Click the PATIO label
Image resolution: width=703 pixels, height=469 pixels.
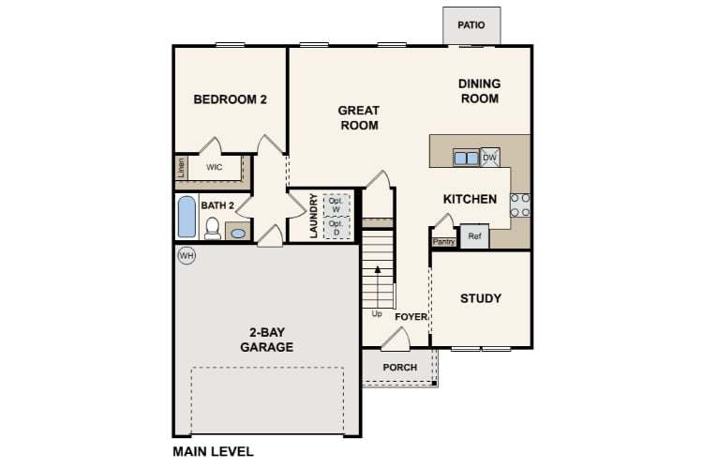(x=471, y=24)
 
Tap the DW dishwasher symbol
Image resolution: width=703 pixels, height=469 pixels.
(x=489, y=158)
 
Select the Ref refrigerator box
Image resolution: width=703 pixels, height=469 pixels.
(x=474, y=236)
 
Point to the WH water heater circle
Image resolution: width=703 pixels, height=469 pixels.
(x=186, y=254)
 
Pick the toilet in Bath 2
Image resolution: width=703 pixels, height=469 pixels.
(x=213, y=228)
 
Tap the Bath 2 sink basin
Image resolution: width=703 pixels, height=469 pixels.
(x=238, y=232)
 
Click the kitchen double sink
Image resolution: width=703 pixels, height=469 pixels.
(x=466, y=158)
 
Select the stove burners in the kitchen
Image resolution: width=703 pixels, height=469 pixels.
(x=519, y=205)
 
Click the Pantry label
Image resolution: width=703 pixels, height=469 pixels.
(x=443, y=241)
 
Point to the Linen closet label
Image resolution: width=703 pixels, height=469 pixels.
(x=181, y=168)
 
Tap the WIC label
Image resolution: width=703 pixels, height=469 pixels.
(x=214, y=167)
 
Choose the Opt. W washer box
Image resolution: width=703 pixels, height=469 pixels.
(x=336, y=204)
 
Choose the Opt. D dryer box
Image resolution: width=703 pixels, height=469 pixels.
(x=336, y=227)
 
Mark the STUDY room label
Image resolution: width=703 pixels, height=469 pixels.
(x=480, y=298)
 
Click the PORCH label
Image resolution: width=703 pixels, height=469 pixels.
(x=400, y=367)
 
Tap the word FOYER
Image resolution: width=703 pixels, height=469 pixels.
(x=411, y=317)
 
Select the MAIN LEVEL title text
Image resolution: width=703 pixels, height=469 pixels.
(x=213, y=451)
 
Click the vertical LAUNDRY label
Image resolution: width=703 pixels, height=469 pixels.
(x=314, y=216)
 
